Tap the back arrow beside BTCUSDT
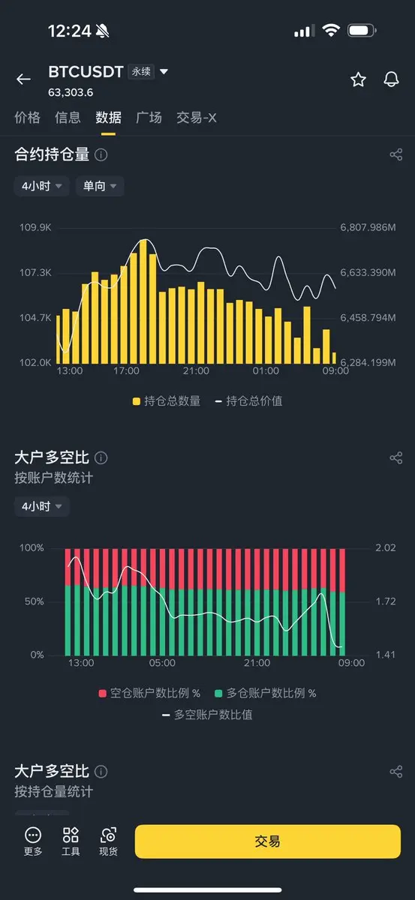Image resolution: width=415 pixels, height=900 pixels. pos(23,79)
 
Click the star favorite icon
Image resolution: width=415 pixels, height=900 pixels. pos(358,79)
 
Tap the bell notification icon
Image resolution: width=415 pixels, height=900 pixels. pos(391,79)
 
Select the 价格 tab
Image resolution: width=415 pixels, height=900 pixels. pos(27,118)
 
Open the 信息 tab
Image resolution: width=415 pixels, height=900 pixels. pos(68,118)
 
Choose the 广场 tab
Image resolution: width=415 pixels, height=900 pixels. pos(149,118)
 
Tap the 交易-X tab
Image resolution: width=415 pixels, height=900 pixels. pos(196,118)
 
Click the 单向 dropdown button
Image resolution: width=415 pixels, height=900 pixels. pos(99,186)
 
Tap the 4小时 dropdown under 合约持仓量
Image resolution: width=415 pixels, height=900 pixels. pos(41,186)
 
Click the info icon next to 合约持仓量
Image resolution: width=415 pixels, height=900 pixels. pos(101,154)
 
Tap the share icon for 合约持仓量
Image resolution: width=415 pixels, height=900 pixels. pos(396,154)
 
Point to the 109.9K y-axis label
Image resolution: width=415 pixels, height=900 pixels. pos(35,227)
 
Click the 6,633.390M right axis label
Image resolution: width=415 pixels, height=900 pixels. pos(368,272)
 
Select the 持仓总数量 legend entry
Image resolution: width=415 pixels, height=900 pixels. pos(167,400)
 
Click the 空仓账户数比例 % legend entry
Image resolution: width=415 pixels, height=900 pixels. pos(149,693)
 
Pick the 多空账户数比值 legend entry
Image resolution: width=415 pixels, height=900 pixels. pos(207,715)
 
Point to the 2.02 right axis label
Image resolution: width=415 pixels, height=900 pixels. pos(385,547)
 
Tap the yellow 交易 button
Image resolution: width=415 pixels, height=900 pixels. pos(267,841)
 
